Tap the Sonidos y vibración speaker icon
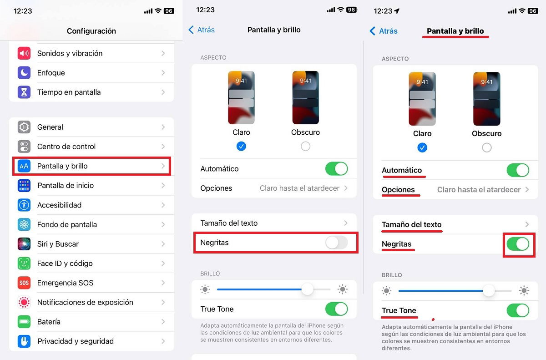(x=24, y=53)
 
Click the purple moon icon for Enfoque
(x=24, y=73)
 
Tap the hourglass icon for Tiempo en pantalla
(x=24, y=92)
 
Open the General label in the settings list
(x=50, y=127)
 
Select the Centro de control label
(x=66, y=147)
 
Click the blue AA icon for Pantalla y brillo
(x=24, y=166)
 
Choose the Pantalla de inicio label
(x=66, y=186)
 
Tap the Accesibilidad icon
(x=24, y=205)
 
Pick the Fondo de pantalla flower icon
(x=24, y=224)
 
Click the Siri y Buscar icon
(x=24, y=244)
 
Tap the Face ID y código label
(x=65, y=264)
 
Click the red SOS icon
(x=24, y=283)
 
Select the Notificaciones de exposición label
(x=85, y=302)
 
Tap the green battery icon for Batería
(x=24, y=322)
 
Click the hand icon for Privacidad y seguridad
(x=24, y=341)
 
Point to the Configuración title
(x=91, y=31)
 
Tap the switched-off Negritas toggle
(x=337, y=243)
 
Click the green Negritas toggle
(x=518, y=244)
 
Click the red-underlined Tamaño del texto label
(x=412, y=224)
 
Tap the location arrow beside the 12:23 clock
(x=396, y=11)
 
